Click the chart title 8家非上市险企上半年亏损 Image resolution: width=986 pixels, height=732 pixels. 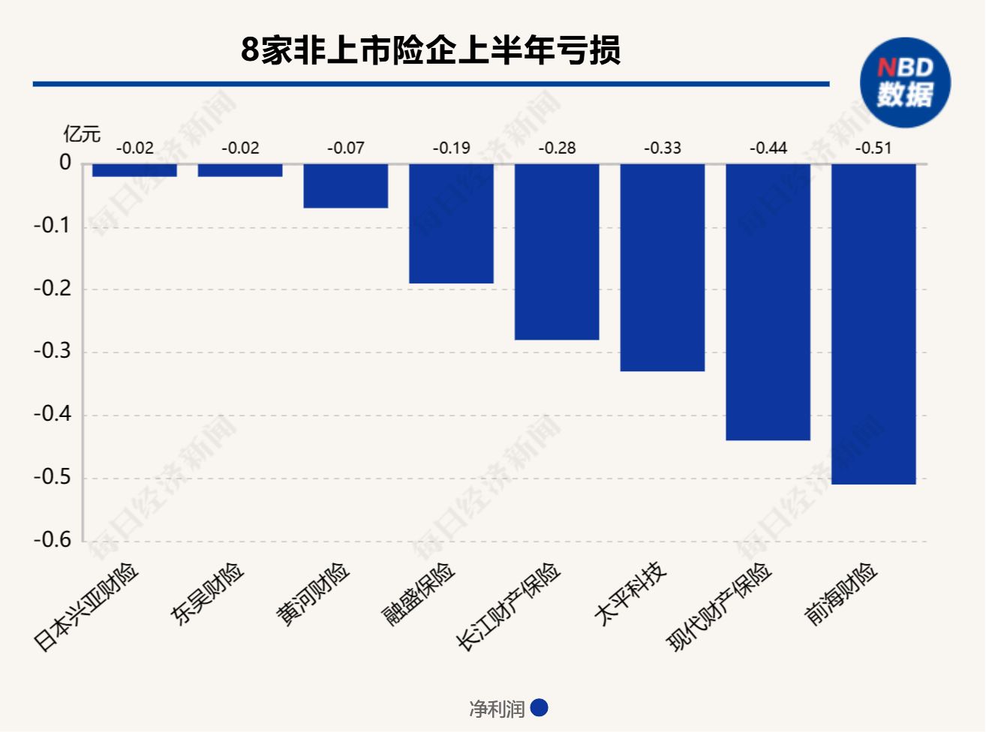coord(431,51)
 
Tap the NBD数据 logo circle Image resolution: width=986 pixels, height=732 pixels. coord(905,82)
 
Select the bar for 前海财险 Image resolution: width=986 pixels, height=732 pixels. coord(873,323)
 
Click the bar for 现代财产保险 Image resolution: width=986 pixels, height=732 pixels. coord(768,301)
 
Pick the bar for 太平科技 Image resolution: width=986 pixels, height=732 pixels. coord(662,267)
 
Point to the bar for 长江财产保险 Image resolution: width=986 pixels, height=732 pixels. coord(557,251)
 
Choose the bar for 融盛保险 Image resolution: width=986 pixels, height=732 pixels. coord(451,223)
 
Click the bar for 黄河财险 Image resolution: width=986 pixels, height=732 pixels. coord(345,185)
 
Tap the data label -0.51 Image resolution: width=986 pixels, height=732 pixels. coord(873,148)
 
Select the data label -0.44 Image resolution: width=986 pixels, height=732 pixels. coord(768,148)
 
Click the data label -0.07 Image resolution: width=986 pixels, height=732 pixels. coord(345,148)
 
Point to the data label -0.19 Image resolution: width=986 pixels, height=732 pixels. coord(451,148)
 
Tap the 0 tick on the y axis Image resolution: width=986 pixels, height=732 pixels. coord(65,163)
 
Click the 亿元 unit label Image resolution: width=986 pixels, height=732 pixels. coord(81,134)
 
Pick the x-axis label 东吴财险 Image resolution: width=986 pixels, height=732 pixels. coord(208,594)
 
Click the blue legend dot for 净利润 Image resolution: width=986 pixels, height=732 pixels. coord(539,708)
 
